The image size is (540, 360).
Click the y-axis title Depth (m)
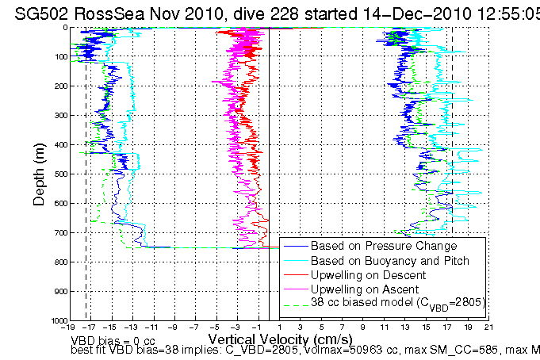(x=39, y=172)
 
